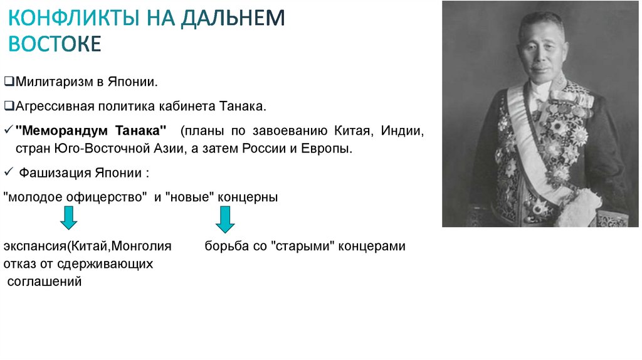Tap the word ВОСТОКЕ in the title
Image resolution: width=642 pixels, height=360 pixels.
point(55,44)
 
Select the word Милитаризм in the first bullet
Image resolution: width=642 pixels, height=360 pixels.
point(46,82)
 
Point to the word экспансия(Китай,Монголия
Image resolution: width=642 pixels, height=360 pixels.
point(87,246)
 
